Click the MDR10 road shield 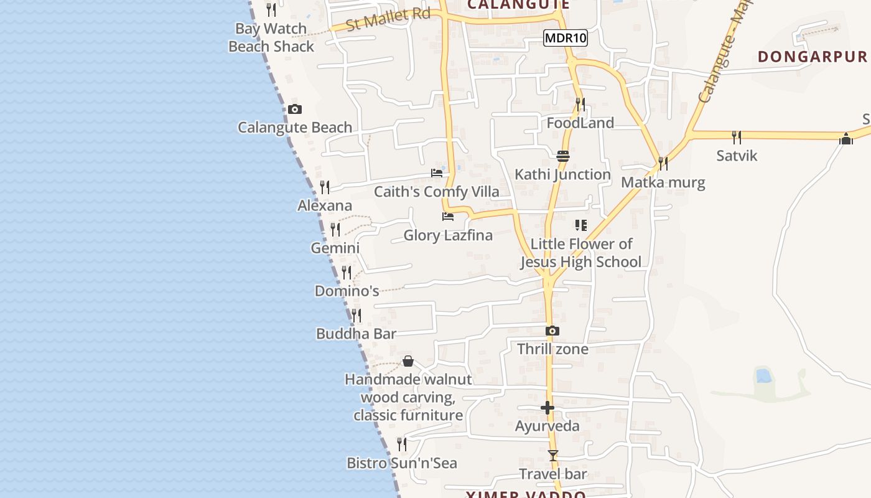click(x=565, y=38)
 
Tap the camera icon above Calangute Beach click(x=295, y=110)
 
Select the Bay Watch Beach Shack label click(x=271, y=37)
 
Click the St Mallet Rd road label click(x=388, y=19)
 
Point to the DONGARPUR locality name click(x=812, y=57)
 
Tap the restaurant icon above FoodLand click(x=580, y=104)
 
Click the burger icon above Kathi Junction click(x=563, y=156)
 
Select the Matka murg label click(x=663, y=182)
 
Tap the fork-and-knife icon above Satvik click(x=737, y=137)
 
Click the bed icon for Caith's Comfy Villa click(x=437, y=173)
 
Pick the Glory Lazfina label click(x=448, y=235)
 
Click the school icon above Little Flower click(x=581, y=225)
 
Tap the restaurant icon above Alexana click(x=324, y=187)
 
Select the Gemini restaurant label click(x=335, y=248)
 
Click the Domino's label click(x=347, y=291)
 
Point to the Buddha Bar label click(x=356, y=334)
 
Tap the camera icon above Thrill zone click(x=552, y=331)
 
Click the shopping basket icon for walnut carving click(x=408, y=361)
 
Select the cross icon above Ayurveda click(x=547, y=408)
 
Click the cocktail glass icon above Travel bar click(x=553, y=456)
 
